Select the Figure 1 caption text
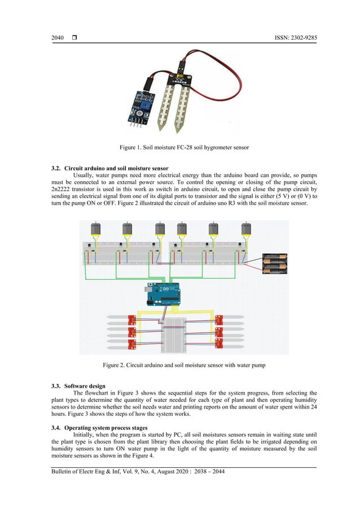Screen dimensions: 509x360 (184, 147)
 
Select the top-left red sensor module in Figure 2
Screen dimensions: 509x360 (132, 319)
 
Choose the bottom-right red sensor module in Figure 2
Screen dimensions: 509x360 (219, 344)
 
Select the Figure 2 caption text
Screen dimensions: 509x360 (184, 365)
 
